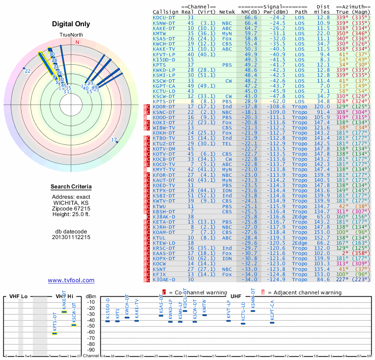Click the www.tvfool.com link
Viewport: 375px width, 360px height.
pos(71,280)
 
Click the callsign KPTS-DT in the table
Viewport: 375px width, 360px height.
pos(164,101)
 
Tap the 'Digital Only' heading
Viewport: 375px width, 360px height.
pos(71,24)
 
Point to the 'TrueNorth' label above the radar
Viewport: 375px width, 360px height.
pos(71,35)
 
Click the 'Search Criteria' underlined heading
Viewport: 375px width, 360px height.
pos(71,187)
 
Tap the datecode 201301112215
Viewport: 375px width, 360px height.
pos(71,237)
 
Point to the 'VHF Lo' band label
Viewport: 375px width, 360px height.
pos(18,297)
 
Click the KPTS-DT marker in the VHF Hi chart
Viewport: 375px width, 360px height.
pos(54,333)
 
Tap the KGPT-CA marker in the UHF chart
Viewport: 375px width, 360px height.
pos(272,322)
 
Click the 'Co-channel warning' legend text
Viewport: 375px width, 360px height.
pos(198,292)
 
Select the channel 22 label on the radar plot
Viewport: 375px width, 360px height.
pos(28,71)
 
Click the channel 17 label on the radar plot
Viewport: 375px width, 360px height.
pos(114,140)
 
